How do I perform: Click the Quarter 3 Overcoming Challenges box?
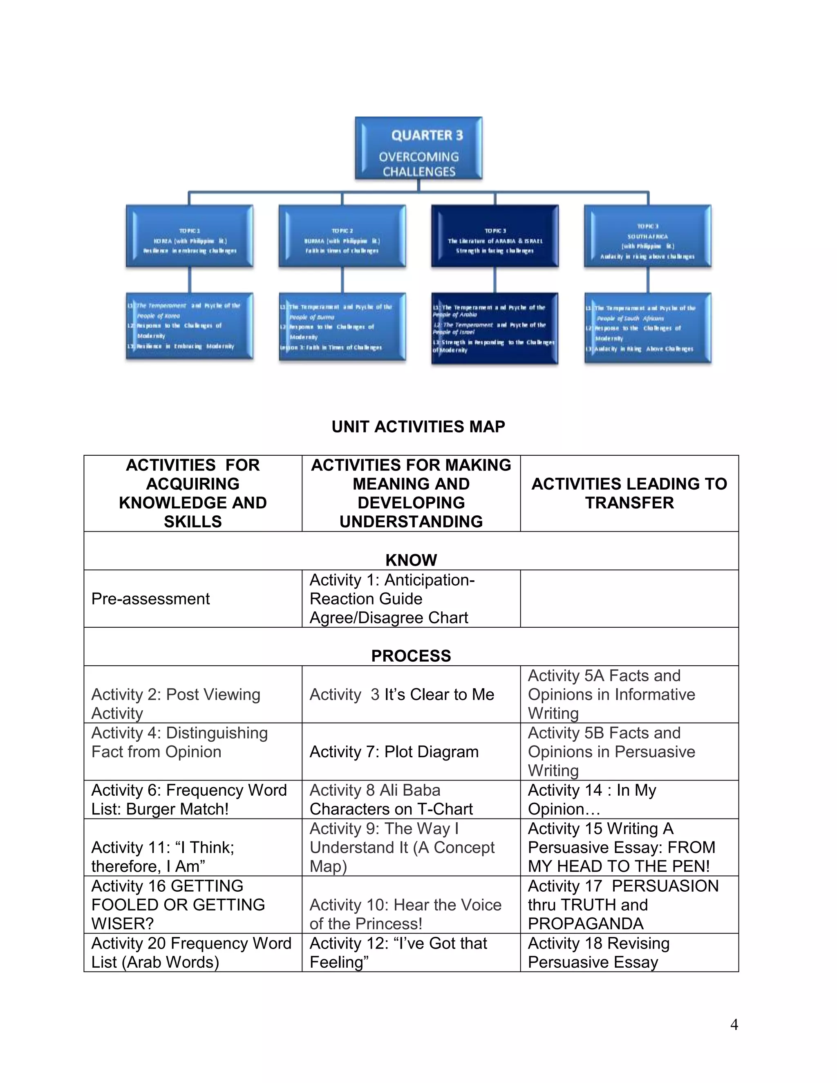[x=418, y=148]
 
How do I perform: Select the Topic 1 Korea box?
[x=189, y=236]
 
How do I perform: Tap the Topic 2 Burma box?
[x=342, y=236]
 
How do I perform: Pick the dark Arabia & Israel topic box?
[x=495, y=236]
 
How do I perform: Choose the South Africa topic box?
[x=648, y=236]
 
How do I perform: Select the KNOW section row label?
[x=411, y=560]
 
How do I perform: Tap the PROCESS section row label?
[x=411, y=656]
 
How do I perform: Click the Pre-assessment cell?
[x=151, y=599]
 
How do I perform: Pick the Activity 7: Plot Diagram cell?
[x=394, y=752]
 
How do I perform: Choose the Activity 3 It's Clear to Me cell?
[x=402, y=694]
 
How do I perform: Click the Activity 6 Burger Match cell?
[x=189, y=799]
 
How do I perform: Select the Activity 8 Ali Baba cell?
[x=391, y=799]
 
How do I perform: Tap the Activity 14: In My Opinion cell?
[x=592, y=799]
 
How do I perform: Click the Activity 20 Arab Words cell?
[x=191, y=953]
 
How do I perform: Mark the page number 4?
[x=734, y=1025]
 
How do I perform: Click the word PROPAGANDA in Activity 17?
[x=586, y=923]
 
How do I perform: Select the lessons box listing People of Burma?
[x=342, y=327]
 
